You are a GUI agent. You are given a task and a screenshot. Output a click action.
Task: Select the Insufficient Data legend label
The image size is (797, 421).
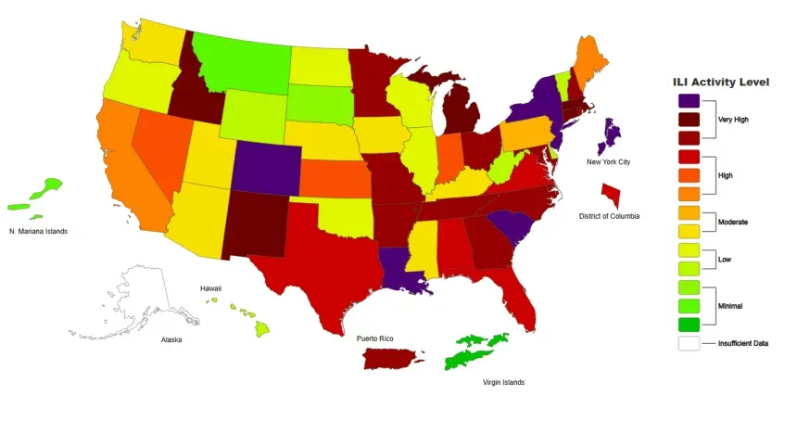pyautogui.click(x=743, y=343)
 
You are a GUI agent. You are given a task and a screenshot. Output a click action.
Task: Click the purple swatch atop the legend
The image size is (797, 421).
pyautogui.click(x=689, y=100)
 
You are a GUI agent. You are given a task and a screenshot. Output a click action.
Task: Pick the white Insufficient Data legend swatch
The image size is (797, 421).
pyautogui.click(x=689, y=343)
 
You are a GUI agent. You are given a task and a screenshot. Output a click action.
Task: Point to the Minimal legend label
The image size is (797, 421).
pyautogui.click(x=731, y=305)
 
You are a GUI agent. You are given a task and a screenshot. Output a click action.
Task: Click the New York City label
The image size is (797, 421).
pyautogui.click(x=608, y=162)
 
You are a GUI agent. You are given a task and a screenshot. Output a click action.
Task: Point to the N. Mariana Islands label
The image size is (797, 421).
pyautogui.click(x=39, y=231)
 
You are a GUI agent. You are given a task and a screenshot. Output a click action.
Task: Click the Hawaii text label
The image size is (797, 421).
pyautogui.click(x=211, y=288)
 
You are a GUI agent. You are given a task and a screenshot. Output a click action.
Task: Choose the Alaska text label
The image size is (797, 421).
pyautogui.click(x=171, y=339)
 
